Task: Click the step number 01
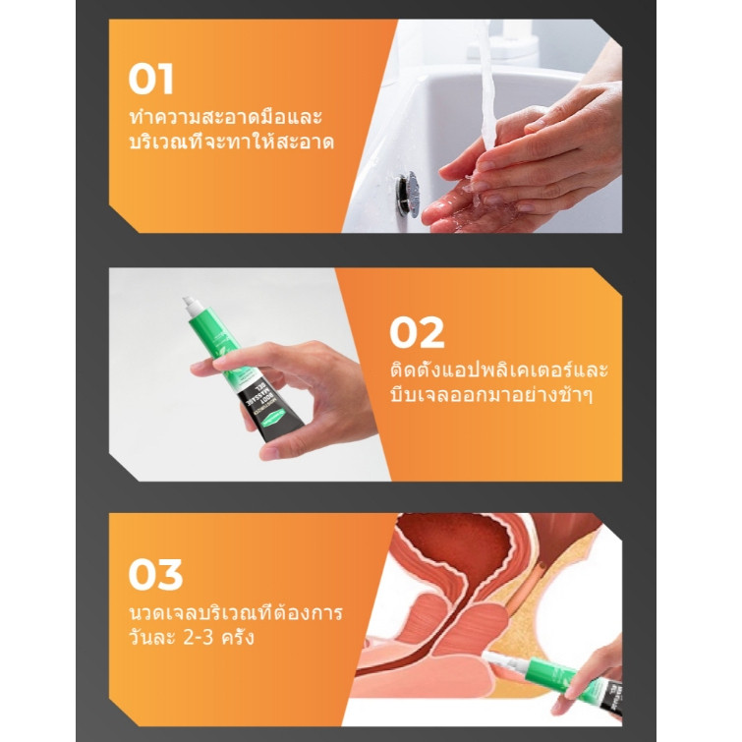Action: tap(150, 79)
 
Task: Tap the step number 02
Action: tap(417, 332)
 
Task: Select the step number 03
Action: tap(155, 574)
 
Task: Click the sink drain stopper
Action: tap(408, 194)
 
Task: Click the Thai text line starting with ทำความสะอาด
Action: tap(225, 117)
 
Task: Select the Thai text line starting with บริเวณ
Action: tap(231, 142)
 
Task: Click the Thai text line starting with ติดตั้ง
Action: tap(499, 370)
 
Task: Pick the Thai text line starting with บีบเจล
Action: tap(491, 394)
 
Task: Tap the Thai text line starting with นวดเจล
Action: tap(235, 613)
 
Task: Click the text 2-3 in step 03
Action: tap(198, 638)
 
